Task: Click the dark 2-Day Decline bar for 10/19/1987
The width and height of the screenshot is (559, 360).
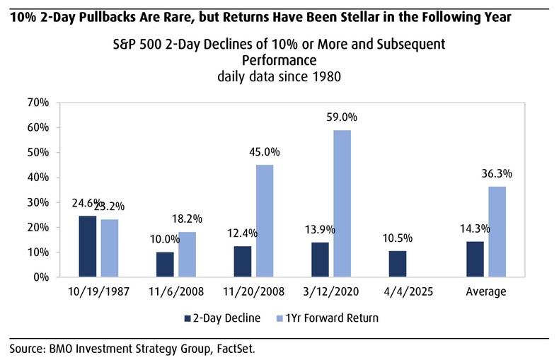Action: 87,246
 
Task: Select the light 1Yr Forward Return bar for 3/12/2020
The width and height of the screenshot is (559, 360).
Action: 342,204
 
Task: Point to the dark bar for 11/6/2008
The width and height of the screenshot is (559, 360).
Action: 165,265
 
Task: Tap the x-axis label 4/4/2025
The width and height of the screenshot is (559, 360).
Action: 409,292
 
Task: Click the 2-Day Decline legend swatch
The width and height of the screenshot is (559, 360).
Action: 188,318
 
